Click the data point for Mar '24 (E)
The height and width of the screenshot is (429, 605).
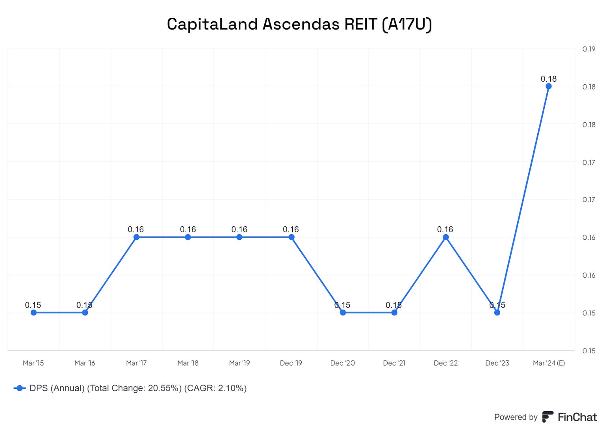(548, 86)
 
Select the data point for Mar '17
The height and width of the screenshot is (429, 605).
(136, 237)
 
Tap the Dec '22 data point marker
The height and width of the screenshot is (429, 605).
(445, 237)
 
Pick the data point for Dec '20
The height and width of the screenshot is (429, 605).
(343, 312)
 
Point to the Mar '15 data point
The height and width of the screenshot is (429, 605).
(33, 312)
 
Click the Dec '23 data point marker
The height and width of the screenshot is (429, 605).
(497, 312)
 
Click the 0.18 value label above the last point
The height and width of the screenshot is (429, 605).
(548, 79)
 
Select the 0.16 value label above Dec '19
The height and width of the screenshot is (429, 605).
(291, 229)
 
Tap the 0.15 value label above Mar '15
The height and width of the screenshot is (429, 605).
(33, 305)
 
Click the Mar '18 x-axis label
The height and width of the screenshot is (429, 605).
(188, 363)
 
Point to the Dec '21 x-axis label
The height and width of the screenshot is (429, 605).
(394, 363)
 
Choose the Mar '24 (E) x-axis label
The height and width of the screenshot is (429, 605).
(549, 363)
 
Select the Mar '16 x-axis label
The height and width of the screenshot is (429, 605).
(85, 363)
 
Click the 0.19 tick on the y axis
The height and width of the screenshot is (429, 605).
(588, 49)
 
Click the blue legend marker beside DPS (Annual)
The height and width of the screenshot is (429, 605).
(20, 388)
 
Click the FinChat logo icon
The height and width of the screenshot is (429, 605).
(547, 417)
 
